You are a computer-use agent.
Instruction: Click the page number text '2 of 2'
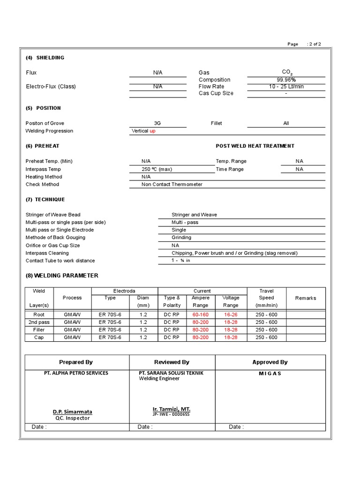click(315, 44)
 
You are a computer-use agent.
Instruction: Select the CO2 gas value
click(286, 72)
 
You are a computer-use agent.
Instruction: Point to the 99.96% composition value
click(286, 80)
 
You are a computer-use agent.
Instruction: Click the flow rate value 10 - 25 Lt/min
click(286, 86)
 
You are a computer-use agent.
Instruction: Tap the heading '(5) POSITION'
click(43, 108)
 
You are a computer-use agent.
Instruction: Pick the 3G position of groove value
click(157, 123)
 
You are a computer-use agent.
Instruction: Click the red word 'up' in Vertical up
click(152, 131)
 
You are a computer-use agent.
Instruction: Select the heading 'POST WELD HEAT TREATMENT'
click(255, 146)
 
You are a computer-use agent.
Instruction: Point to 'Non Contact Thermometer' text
click(172, 184)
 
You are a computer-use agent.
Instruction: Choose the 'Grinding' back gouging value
click(181, 238)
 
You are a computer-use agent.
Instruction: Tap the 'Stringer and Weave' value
click(194, 215)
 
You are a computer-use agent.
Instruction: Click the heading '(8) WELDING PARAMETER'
click(62, 276)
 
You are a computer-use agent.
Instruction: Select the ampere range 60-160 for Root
click(201, 315)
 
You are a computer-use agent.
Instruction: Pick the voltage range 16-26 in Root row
click(231, 315)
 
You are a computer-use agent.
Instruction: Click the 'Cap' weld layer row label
click(39, 337)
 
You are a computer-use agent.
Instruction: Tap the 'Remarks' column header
click(306, 298)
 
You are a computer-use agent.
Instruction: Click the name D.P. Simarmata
click(72, 412)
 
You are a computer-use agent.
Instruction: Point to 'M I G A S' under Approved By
click(270, 374)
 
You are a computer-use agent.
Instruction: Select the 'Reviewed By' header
click(172, 362)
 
